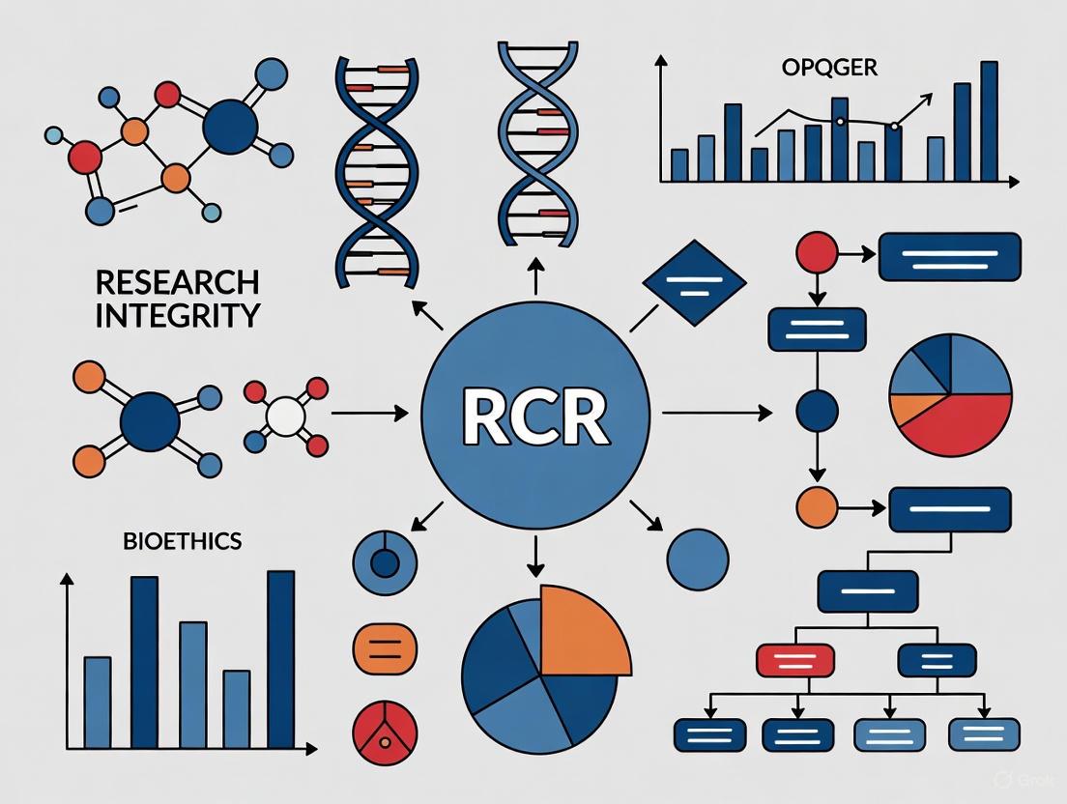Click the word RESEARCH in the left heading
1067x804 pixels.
click(177, 282)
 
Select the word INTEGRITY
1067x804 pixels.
click(177, 315)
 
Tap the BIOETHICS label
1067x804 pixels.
click(182, 541)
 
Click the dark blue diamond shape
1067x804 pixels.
click(694, 283)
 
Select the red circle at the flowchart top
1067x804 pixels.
click(816, 254)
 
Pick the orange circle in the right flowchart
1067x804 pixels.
click(816, 506)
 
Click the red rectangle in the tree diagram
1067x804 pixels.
click(794, 659)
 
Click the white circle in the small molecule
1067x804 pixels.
click(285, 416)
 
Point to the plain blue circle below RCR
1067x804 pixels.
click(698, 560)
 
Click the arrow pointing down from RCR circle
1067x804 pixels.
click(533, 553)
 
